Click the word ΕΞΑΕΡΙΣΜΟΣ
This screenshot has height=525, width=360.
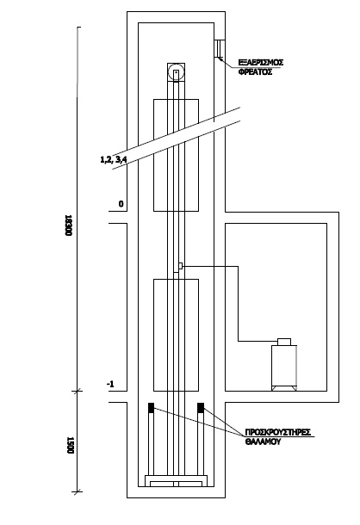261,62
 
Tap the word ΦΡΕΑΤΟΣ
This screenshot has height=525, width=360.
255,71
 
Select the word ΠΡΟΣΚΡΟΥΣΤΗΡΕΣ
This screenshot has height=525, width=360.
278,432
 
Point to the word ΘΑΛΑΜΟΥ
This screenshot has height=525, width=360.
263,442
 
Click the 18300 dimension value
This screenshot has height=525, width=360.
68,225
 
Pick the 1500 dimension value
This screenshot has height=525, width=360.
70,445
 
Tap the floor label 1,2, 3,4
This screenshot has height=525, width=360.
114,159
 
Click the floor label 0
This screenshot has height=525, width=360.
121,204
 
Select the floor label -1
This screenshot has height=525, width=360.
110,384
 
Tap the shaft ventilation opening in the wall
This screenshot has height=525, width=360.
220,49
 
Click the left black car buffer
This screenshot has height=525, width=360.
152,407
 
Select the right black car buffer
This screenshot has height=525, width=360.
201,407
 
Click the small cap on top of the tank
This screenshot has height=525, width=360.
284,342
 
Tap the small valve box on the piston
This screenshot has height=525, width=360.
180,266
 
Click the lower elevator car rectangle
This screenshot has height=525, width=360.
176,335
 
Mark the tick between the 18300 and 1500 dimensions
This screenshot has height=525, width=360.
78,391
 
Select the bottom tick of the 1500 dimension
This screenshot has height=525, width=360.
78,491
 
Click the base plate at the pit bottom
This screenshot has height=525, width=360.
176,481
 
